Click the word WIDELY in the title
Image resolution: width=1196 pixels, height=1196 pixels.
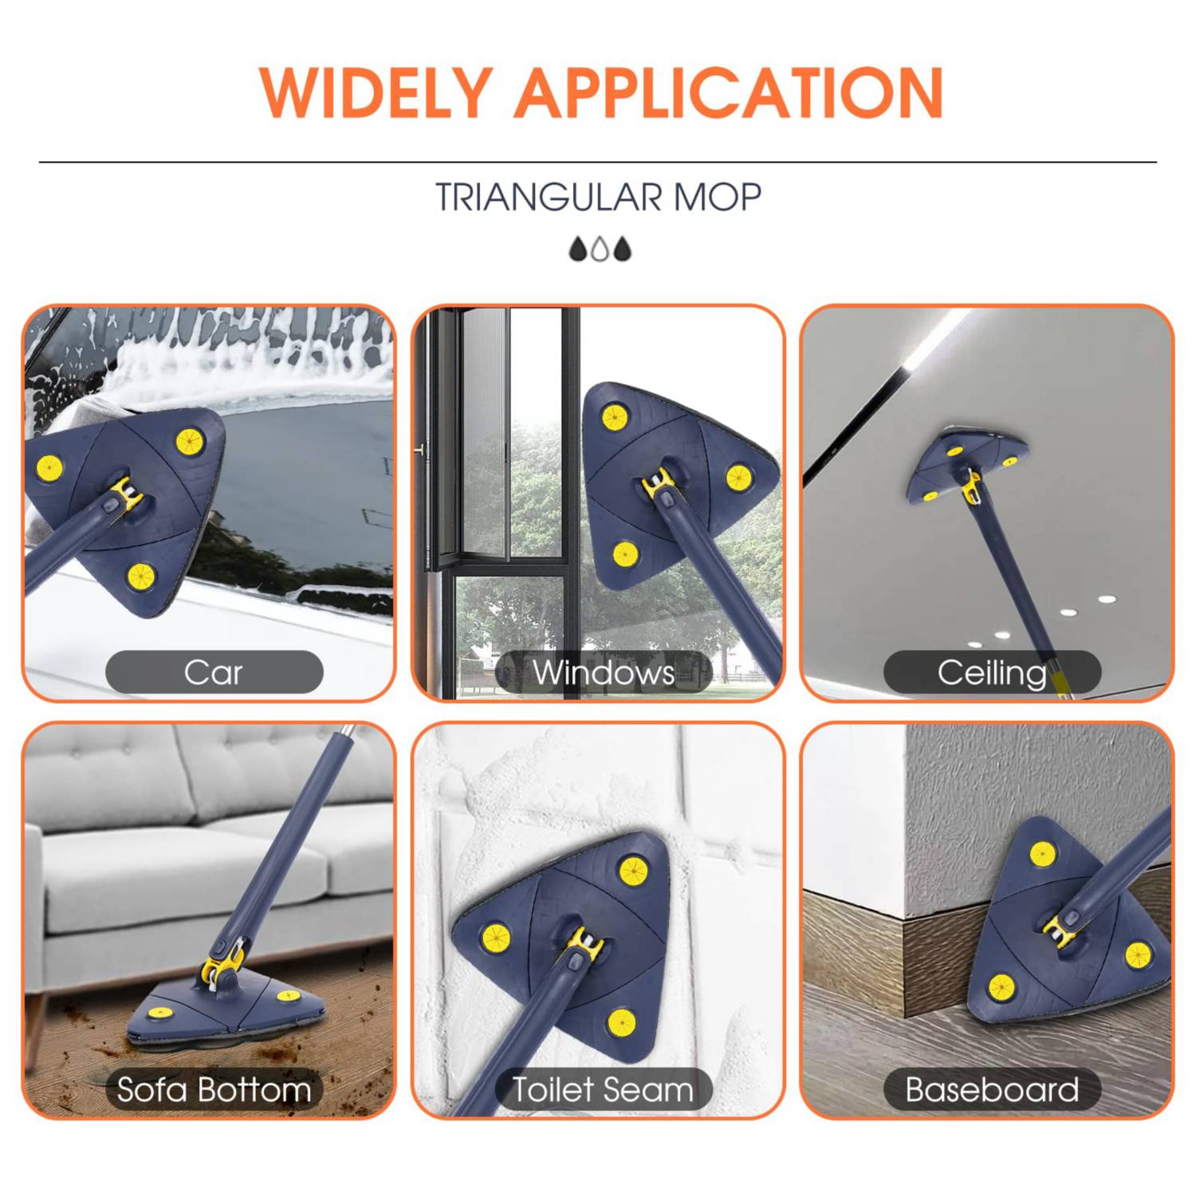pyautogui.click(x=376, y=92)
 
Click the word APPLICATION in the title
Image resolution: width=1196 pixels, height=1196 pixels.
pyautogui.click(x=730, y=92)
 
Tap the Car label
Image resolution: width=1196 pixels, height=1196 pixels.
pyautogui.click(x=214, y=672)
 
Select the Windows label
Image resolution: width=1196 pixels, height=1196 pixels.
pyautogui.click(x=604, y=672)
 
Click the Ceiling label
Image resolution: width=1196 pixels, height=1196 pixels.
pyautogui.click(x=992, y=672)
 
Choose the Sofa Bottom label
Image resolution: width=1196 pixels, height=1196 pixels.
pyautogui.click(x=214, y=1089)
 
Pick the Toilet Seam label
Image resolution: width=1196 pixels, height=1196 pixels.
pyautogui.click(x=603, y=1089)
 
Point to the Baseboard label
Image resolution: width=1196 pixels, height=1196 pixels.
pyautogui.click(x=992, y=1089)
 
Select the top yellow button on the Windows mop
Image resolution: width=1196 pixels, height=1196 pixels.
pyautogui.click(x=614, y=416)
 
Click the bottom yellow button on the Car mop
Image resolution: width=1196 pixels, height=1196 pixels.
pyautogui.click(x=140, y=576)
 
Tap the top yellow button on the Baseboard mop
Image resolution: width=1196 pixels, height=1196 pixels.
pyautogui.click(x=1043, y=854)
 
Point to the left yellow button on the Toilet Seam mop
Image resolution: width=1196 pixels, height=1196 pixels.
pyautogui.click(x=495, y=938)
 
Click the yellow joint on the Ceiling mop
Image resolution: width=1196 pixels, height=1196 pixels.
pyautogui.click(x=971, y=484)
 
